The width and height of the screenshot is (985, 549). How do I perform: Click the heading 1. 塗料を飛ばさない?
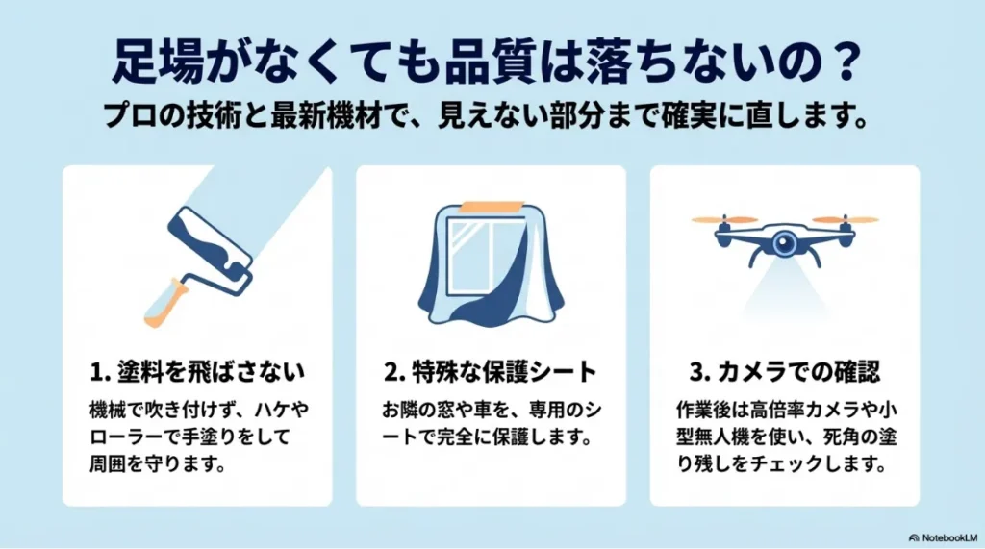[197, 370]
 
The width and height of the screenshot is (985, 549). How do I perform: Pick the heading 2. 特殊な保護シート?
[491, 370]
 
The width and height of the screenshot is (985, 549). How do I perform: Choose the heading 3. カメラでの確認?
[784, 370]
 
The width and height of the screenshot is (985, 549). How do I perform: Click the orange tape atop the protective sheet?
[491, 208]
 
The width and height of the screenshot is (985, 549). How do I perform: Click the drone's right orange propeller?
[846, 219]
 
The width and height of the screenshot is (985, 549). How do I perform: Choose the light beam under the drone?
[784, 288]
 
